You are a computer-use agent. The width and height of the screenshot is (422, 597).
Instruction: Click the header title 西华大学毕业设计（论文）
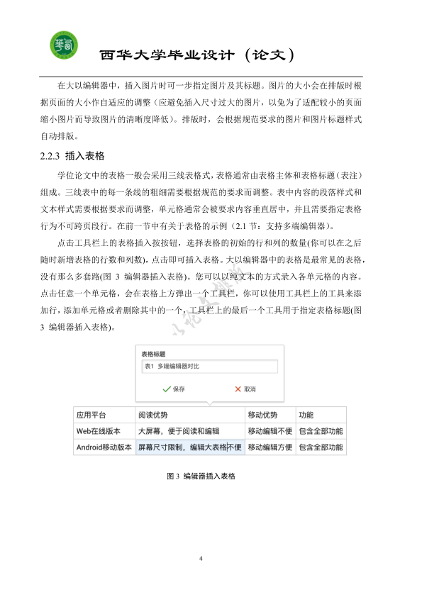(196, 55)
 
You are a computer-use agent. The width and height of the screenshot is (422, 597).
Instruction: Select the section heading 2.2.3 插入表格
(73, 155)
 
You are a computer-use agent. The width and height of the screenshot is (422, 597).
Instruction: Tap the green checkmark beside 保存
(167, 389)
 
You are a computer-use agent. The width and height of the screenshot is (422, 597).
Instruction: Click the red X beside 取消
(238, 389)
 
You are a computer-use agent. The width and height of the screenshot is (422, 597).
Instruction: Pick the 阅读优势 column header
(153, 415)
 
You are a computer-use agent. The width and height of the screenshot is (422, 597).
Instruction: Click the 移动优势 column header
(262, 415)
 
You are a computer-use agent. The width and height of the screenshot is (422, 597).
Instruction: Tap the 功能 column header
(306, 415)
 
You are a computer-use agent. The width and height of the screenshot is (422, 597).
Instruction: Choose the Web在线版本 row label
(98, 430)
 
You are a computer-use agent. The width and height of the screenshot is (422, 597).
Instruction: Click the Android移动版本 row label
(104, 447)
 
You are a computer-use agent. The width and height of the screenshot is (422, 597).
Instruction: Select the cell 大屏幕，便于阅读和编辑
(178, 430)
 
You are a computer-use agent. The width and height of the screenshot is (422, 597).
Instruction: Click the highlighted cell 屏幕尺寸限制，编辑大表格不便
(189, 447)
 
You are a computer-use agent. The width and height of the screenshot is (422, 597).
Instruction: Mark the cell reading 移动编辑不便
(270, 430)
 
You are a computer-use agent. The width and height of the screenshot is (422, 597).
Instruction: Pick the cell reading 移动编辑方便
(270, 447)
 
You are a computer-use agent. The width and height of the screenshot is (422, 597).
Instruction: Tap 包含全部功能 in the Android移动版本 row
(321, 447)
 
